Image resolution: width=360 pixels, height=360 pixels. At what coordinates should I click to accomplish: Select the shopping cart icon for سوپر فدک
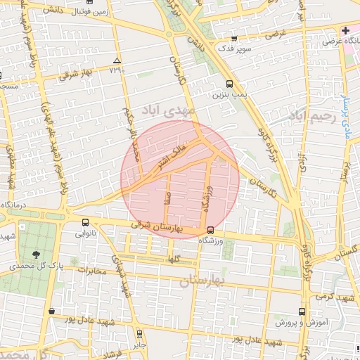pyautogui.click(x=235, y=39)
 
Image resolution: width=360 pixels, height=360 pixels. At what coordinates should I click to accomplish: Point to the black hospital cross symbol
pyautogui.click(x=345, y=31)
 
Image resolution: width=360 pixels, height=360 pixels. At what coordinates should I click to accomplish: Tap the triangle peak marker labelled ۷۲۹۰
pyautogui.click(x=117, y=61)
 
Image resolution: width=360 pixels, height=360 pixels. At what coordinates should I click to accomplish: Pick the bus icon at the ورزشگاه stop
pyautogui.click(x=210, y=230)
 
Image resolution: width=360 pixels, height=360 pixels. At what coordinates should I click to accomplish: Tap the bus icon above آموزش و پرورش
pyautogui.click(x=302, y=311)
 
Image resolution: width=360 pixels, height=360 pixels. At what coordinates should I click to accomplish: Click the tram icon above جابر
pyautogui.click(x=139, y=333)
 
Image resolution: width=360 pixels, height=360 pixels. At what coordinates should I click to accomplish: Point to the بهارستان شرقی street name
pyautogui.click(x=157, y=227)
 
